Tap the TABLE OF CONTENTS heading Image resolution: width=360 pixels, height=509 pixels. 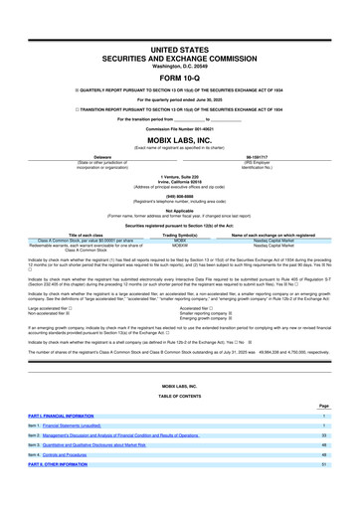pyautogui.click(x=180, y=394)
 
